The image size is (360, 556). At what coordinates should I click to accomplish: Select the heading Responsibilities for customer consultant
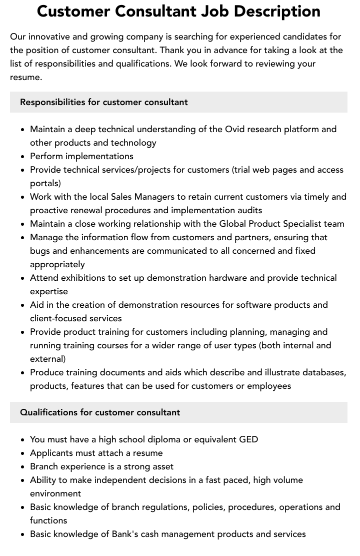click(x=104, y=102)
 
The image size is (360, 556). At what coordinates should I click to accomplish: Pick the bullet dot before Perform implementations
click(x=23, y=157)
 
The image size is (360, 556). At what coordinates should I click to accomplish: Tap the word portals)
click(x=45, y=183)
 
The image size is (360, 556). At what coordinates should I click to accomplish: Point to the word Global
click(x=233, y=224)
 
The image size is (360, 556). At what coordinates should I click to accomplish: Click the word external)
click(x=47, y=359)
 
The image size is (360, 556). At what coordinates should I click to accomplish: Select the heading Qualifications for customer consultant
click(x=100, y=412)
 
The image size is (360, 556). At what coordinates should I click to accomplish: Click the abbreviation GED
click(x=248, y=439)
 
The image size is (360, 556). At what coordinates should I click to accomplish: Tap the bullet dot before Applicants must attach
click(x=23, y=453)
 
